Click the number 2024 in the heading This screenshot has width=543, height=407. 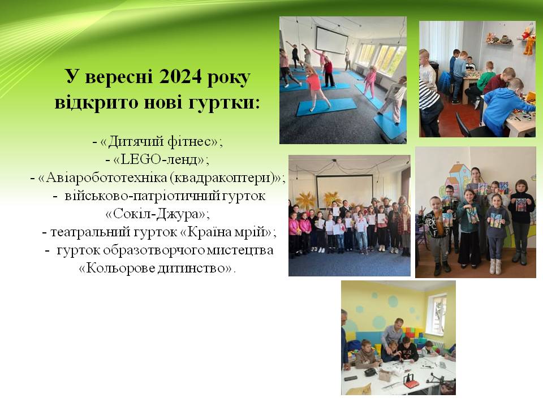pos(179,76)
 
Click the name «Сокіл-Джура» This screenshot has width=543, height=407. pos(158,214)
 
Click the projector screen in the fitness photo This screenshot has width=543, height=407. pos(332,40)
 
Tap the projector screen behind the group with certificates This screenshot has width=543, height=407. pos(344,192)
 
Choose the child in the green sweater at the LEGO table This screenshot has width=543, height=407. pos(486,79)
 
